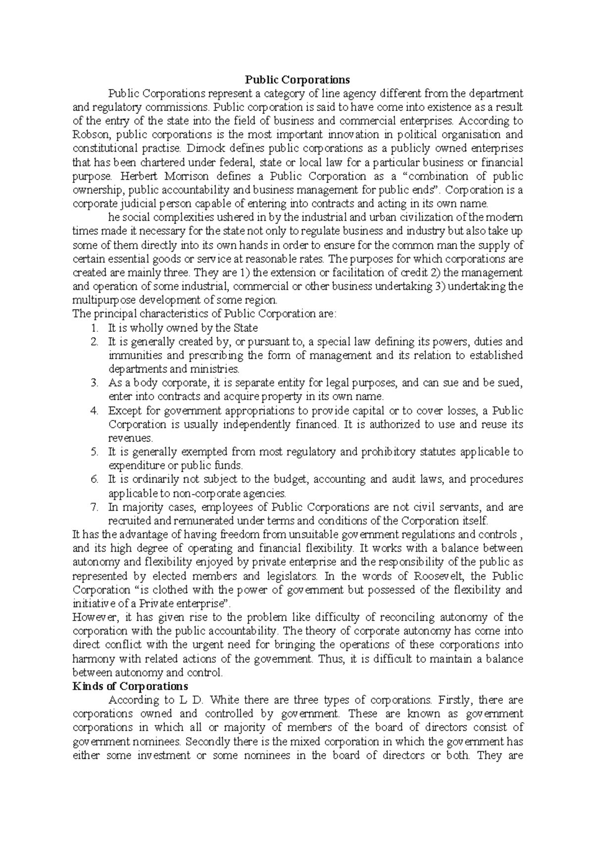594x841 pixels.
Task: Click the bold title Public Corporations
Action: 297,80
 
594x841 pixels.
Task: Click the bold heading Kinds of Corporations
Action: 130,686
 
